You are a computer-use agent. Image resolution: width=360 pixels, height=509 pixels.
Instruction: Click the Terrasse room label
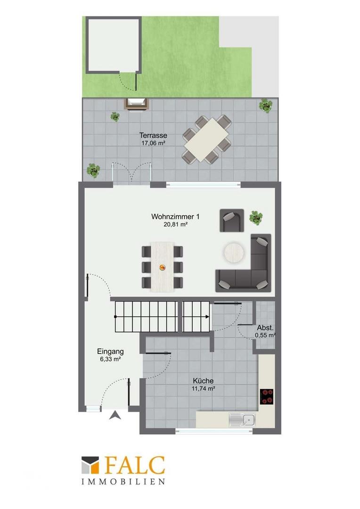pyautogui.click(x=153, y=135)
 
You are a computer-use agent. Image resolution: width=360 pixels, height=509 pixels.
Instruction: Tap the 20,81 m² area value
pyautogui.click(x=176, y=224)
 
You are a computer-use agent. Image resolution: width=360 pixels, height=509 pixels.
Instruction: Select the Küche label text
pyautogui.click(x=203, y=380)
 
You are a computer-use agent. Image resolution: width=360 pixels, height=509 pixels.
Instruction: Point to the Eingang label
pyautogui.click(x=110, y=351)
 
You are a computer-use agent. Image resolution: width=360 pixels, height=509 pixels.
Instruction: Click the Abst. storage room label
pyautogui.click(x=265, y=328)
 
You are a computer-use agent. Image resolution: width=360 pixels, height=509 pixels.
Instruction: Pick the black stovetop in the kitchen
pyautogui.click(x=267, y=396)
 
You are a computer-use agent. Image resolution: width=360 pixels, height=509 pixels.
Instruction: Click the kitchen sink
pyautogui.click(x=242, y=420)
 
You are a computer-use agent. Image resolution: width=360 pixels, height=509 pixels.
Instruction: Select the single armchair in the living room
pyautogui.click(x=232, y=221)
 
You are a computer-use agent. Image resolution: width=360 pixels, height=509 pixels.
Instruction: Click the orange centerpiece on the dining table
pyautogui.click(x=162, y=267)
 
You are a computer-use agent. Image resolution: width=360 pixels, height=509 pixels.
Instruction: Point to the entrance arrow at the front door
pyautogui.click(x=115, y=415)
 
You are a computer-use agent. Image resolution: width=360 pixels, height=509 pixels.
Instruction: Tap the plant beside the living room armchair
pyautogui.click(x=256, y=218)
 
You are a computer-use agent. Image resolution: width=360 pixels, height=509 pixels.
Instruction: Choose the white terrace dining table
pyautogui.click(x=207, y=140)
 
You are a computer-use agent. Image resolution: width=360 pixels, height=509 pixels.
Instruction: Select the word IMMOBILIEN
pyautogui.click(x=123, y=482)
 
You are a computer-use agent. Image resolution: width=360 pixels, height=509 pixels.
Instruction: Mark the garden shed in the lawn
pyautogui.click(x=113, y=45)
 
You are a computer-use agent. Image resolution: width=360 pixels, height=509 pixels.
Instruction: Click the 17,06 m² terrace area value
pyautogui.click(x=153, y=143)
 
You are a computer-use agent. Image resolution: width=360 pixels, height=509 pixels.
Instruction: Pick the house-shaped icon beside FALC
pyautogui.click(x=90, y=465)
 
